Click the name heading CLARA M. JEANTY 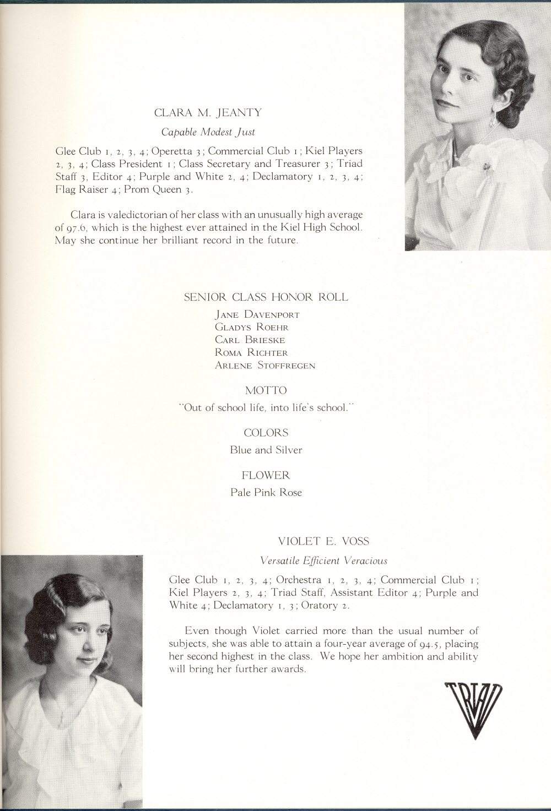coord(208,113)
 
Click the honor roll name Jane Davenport coord(257,315)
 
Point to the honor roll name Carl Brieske coord(250,340)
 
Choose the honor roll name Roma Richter coord(251,352)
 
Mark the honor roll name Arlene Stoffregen coord(265,365)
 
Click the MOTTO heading coord(266,390)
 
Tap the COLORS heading coord(266,433)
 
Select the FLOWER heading coord(266,475)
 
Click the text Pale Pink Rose coord(266,492)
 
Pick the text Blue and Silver coord(266,450)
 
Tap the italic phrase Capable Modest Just coord(208,132)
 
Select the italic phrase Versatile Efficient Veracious coord(323,560)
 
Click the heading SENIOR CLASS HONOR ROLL coord(266,297)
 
